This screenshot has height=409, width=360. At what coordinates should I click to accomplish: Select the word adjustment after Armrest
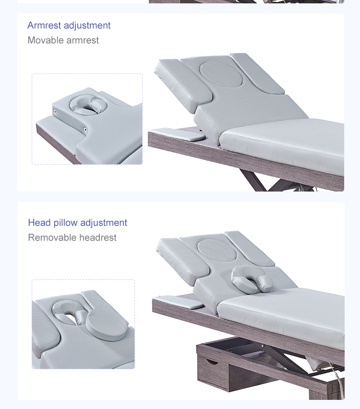click(x=87, y=25)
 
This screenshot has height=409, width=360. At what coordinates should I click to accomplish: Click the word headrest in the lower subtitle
click(x=98, y=237)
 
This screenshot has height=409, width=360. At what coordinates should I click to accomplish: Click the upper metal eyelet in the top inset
click(x=55, y=112)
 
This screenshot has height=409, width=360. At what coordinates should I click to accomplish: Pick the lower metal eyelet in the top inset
click(x=85, y=130)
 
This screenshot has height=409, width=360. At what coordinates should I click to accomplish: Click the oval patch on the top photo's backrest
click(x=221, y=73)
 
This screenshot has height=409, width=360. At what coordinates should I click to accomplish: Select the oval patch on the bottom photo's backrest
click(x=217, y=250)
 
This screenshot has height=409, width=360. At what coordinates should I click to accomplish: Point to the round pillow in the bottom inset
click(x=107, y=324)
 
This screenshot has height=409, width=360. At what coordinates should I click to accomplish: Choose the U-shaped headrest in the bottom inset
click(x=69, y=312)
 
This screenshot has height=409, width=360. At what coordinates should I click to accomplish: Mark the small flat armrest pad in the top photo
click(x=177, y=134)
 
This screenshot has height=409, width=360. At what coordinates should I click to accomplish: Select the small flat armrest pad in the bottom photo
click(x=179, y=302)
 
